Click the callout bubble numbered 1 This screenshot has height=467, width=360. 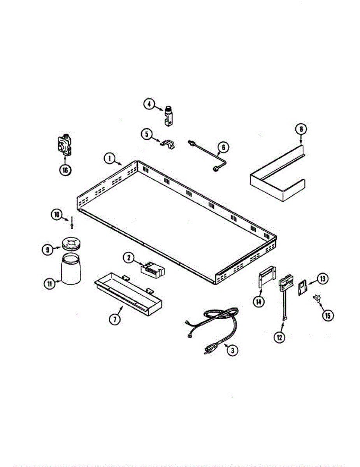(x=110, y=158)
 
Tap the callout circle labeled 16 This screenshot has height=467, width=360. (x=65, y=170)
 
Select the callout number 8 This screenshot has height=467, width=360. (x=301, y=128)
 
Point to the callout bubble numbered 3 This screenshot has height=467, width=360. (x=232, y=350)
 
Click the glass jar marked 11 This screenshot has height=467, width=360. (x=71, y=270)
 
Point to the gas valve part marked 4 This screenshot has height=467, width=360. (x=169, y=116)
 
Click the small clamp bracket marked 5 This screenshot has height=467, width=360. (x=168, y=144)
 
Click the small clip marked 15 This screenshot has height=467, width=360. (x=316, y=298)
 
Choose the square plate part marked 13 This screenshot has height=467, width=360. (x=302, y=289)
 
